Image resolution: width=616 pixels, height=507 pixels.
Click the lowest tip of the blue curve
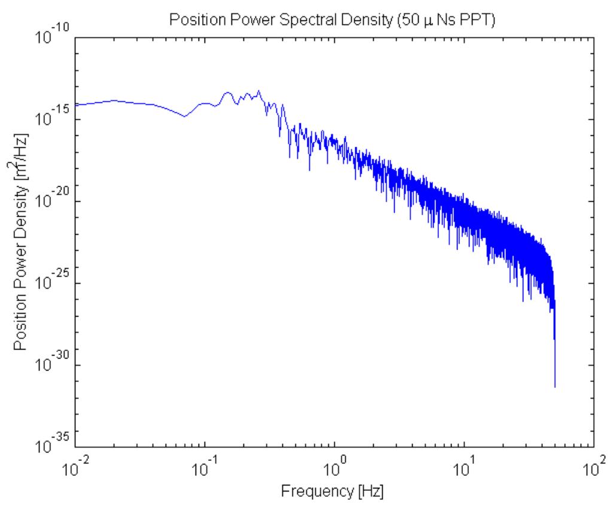(555, 387)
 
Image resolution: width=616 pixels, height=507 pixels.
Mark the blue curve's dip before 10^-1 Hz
(184, 116)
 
